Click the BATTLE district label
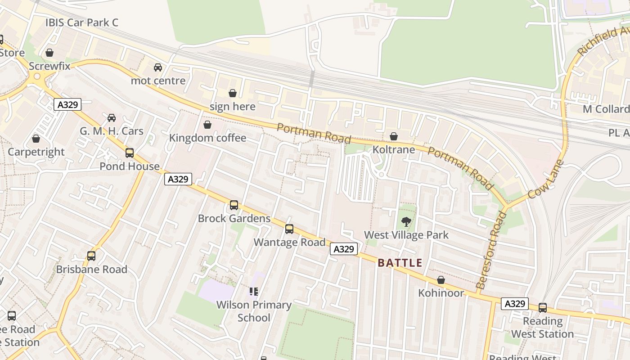pyautogui.click(x=400, y=263)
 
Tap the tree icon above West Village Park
pyautogui.click(x=406, y=221)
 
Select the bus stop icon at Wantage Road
pyautogui.click(x=289, y=229)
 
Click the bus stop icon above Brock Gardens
pyautogui.click(x=234, y=205)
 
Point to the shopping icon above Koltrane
pyautogui.click(x=394, y=136)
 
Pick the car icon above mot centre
pyautogui.click(x=158, y=67)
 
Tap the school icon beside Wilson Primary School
pyautogui.click(x=254, y=292)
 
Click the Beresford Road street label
pyautogui.click(x=491, y=250)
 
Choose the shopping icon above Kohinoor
pyautogui.click(x=441, y=280)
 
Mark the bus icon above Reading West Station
pyautogui.click(x=543, y=308)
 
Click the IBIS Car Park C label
pyautogui.click(x=82, y=22)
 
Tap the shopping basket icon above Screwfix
pyautogui.click(x=49, y=53)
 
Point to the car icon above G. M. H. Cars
pyautogui.click(x=112, y=118)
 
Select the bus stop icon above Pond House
pyautogui.click(x=130, y=153)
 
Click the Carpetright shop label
pyautogui.click(x=36, y=152)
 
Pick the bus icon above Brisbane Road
pyautogui.click(x=91, y=256)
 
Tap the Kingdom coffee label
pyautogui.click(x=207, y=138)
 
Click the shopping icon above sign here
pyautogui.click(x=233, y=93)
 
